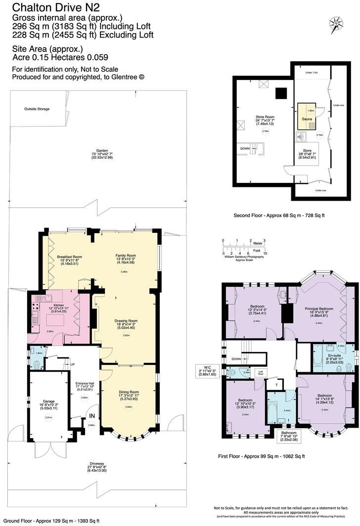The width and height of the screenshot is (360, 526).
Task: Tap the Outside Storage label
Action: pos(37,109)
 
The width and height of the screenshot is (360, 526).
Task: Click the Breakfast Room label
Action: pos(69,257)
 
